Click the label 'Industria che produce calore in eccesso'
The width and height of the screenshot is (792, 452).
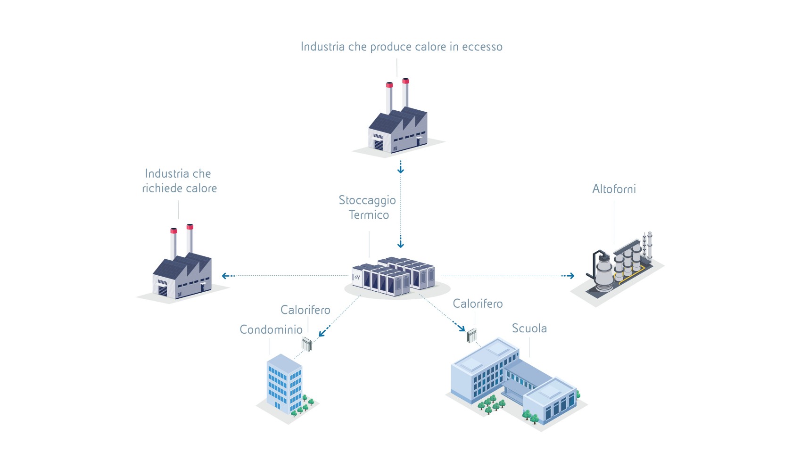(401, 47)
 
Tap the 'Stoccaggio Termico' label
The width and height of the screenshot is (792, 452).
(368, 207)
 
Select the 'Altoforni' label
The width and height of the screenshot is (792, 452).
(614, 189)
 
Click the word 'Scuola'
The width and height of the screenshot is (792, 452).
(529, 328)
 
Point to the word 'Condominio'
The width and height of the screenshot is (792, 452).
(271, 329)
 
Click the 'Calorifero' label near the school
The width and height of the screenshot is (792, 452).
(478, 304)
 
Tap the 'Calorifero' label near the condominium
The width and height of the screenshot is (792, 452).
(305, 310)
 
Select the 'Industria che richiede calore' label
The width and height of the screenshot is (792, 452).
(179, 181)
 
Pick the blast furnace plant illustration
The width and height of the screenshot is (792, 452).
(618, 266)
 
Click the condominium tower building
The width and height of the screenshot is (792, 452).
(284, 384)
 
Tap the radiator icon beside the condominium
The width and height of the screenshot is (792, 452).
(307, 344)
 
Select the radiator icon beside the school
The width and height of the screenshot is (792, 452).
(472, 336)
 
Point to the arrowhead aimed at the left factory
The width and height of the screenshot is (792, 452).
(225, 276)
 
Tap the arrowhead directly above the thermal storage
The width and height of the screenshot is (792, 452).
(401, 245)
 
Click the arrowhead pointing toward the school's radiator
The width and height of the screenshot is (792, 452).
(462, 328)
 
